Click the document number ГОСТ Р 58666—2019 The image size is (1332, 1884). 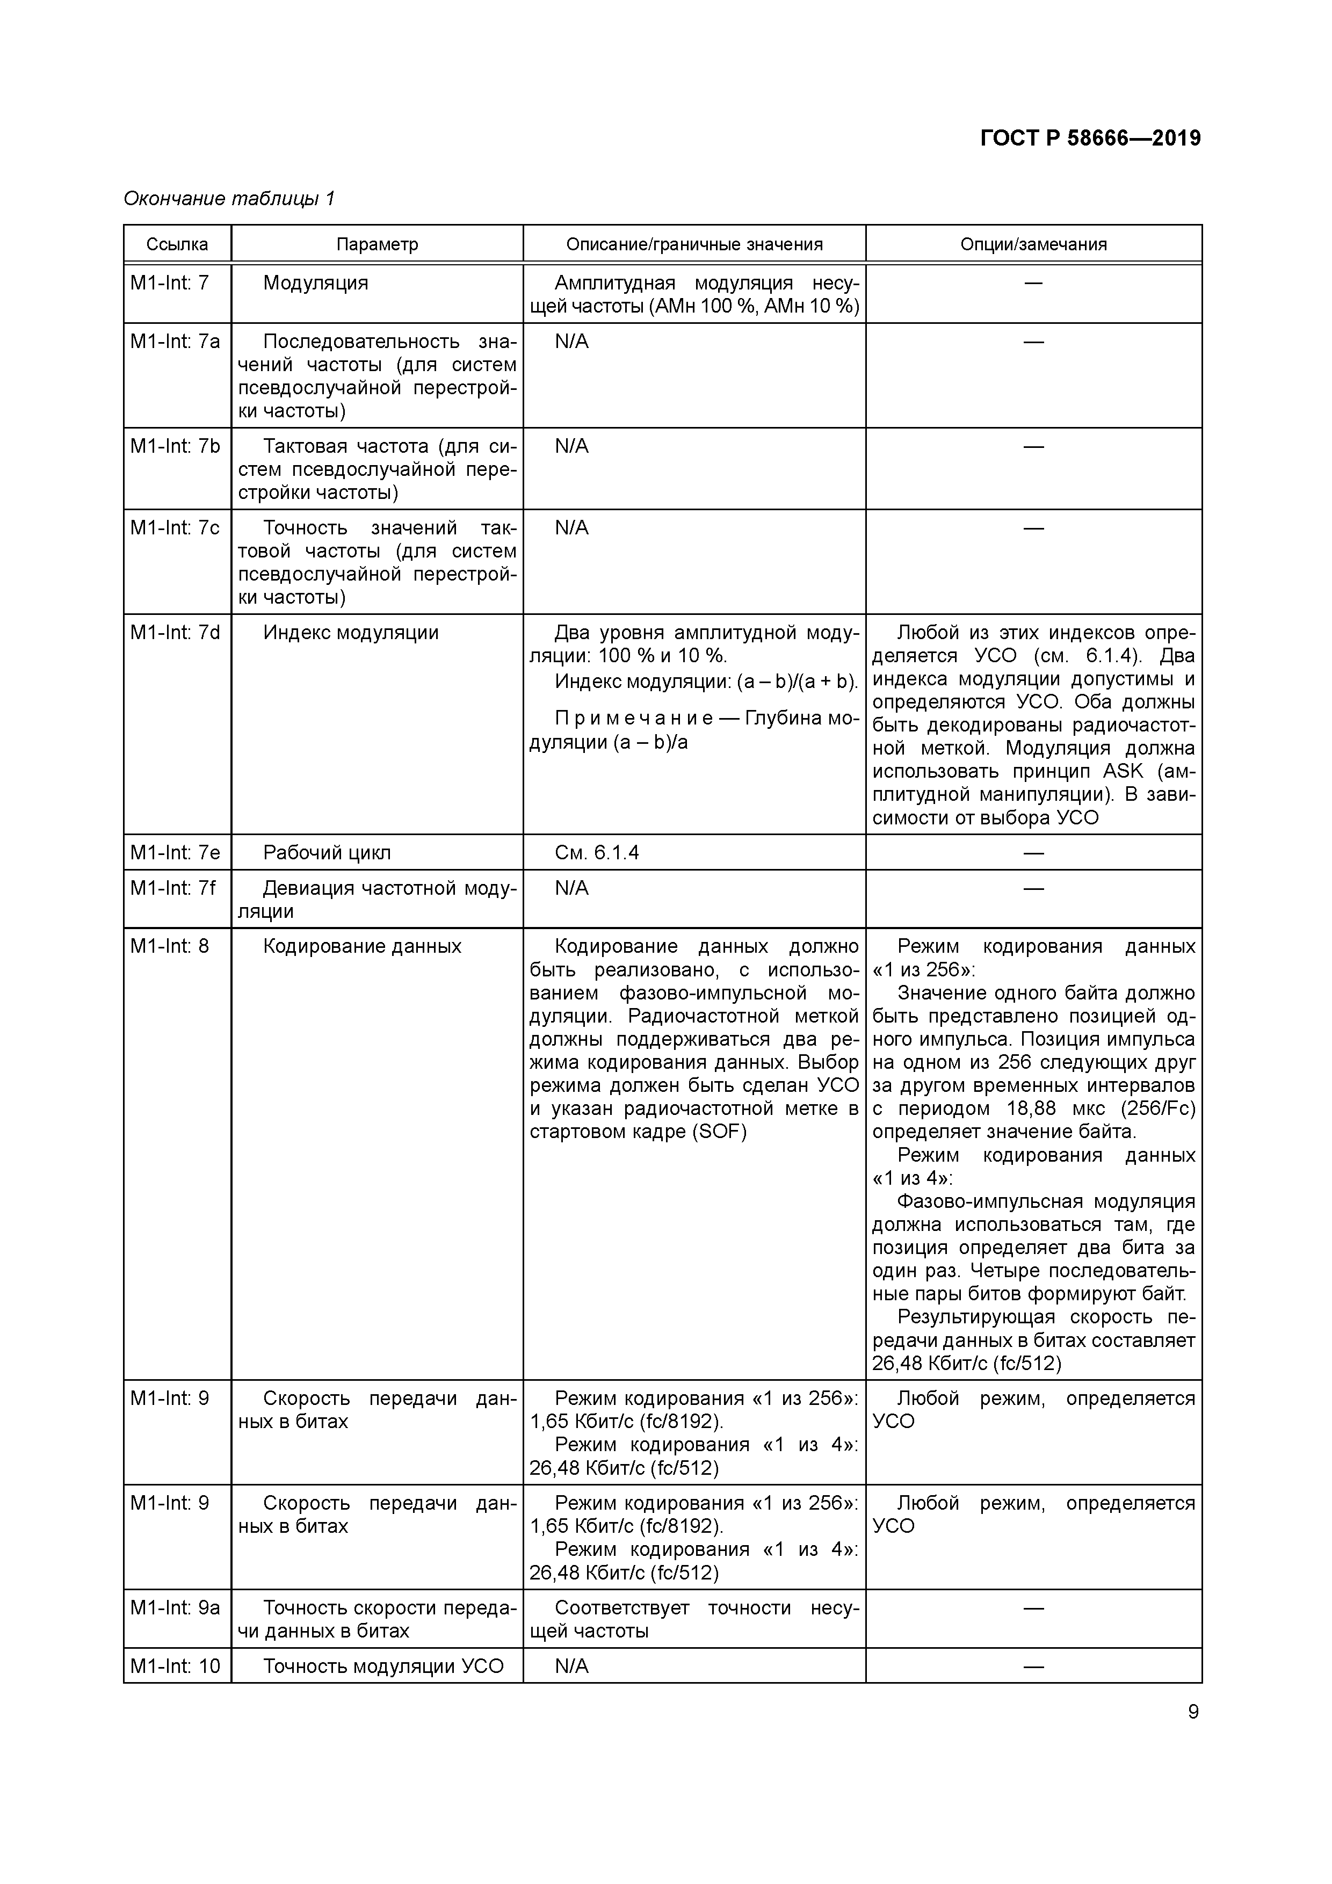point(1090,139)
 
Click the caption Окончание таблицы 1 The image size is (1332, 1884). point(229,199)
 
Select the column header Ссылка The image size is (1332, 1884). point(177,244)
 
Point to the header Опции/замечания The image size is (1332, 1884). point(1033,244)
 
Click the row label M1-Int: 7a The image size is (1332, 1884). point(175,342)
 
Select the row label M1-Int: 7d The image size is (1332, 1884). point(175,633)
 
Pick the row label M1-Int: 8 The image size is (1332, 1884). point(169,946)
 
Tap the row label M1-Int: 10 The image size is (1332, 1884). point(175,1666)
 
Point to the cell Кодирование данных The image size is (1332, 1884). point(362,946)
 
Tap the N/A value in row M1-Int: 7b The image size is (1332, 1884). point(571,446)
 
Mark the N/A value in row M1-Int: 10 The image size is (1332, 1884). point(571,1666)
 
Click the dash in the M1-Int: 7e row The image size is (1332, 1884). point(1033,852)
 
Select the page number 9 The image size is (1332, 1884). point(1192,1712)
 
